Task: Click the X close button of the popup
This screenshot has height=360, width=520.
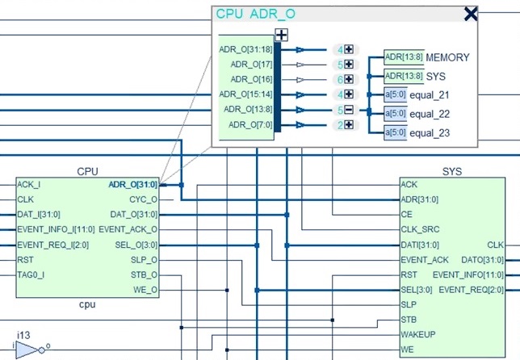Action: tap(471, 15)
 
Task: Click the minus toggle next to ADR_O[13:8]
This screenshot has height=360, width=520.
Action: tap(349, 110)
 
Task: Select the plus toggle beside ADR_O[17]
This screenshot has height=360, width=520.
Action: tap(349, 64)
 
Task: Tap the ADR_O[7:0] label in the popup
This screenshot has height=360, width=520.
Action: tap(250, 124)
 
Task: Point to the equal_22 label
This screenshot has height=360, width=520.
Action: tap(430, 114)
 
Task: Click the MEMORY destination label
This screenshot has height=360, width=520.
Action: tap(447, 57)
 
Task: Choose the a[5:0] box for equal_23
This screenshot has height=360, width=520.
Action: tap(396, 132)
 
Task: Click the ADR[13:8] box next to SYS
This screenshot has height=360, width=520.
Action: tap(404, 76)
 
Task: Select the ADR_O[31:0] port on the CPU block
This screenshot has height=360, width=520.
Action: tap(133, 184)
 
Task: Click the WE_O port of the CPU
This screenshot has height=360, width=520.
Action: tap(145, 290)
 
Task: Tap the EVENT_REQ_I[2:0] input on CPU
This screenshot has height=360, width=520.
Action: tap(53, 245)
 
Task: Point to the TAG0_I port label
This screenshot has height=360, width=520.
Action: tap(31, 274)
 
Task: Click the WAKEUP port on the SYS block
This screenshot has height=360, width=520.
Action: tap(418, 334)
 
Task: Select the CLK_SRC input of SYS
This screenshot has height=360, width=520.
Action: tap(420, 229)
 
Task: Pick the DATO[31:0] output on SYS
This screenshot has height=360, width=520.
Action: tap(482, 260)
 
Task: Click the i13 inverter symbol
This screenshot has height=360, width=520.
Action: tap(30, 350)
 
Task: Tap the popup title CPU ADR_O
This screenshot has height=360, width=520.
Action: tap(255, 14)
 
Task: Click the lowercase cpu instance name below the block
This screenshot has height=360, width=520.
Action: tap(87, 304)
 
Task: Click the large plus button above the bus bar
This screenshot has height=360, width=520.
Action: tap(281, 35)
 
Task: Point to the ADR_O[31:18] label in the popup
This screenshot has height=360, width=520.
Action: tap(245, 49)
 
